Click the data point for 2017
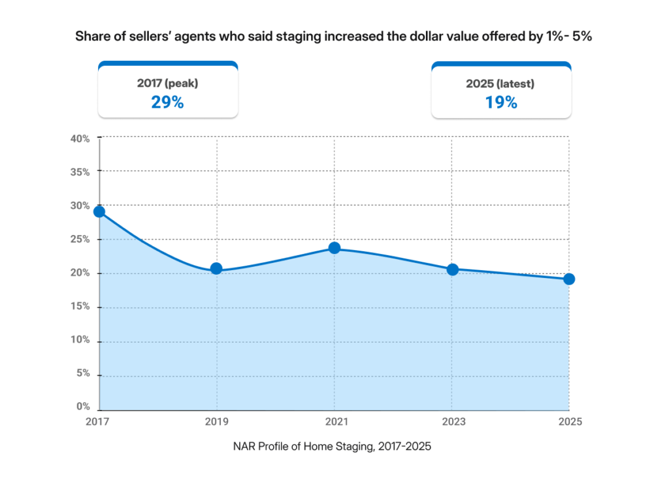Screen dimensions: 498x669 99,211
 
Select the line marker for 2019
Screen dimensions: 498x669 216,268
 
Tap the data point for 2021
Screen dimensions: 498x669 334,248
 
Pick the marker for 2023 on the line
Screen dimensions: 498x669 452,269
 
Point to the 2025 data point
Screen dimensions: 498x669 569,279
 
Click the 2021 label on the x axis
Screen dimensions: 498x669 334,422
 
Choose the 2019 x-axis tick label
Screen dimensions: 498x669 216,422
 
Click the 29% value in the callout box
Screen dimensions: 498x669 167,102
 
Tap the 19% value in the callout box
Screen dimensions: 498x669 501,102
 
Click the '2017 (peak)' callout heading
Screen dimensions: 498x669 167,83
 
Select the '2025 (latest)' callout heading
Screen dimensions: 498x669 501,83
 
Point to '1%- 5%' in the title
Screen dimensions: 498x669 568,37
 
